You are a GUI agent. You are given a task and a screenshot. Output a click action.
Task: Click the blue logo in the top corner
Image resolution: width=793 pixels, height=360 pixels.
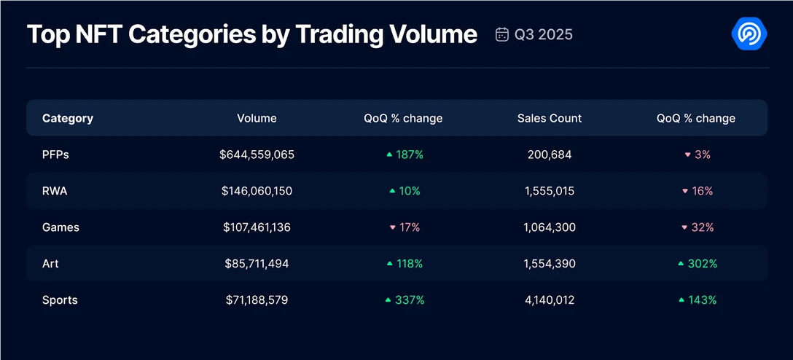(749, 34)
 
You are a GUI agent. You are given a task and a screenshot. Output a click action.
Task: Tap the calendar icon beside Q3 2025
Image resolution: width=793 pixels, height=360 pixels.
(501, 34)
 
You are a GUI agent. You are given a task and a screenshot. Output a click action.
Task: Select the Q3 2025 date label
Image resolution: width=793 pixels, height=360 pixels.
(544, 34)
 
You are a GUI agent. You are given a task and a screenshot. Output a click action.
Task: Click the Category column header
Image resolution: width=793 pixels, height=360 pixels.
(68, 118)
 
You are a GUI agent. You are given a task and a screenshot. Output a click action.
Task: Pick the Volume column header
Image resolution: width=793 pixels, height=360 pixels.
(257, 118)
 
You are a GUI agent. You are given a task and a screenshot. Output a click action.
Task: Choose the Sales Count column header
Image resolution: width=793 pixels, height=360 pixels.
(550, 118)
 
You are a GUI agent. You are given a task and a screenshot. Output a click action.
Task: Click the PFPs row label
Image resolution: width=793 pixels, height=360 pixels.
(55, 154)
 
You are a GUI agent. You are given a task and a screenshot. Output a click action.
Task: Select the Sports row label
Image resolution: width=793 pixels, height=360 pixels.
(60, 300)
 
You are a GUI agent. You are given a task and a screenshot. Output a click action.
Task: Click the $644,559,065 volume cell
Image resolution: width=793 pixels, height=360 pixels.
(257, 154)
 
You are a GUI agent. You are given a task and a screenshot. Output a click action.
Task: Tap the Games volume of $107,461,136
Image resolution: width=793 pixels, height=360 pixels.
(257, 227)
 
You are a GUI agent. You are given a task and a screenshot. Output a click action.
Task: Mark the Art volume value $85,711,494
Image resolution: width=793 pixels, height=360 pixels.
(257, 264)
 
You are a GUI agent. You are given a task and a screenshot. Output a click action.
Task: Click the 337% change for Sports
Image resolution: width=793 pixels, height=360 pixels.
(410, 300)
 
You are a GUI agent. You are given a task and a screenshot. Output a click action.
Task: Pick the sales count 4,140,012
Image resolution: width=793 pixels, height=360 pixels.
(550, 300)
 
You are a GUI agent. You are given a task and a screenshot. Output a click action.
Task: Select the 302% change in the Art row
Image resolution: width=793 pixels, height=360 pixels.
(703, 264)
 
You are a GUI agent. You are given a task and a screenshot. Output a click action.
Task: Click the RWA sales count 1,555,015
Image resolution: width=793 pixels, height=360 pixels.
(550, 191)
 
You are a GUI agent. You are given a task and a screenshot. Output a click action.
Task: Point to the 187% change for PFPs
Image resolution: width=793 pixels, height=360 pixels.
(410, 154)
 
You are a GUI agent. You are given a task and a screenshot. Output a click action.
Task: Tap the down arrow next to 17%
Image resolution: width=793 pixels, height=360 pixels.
(392, 228)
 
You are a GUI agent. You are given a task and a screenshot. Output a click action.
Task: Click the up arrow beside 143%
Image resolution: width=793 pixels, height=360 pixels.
(681, 300)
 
